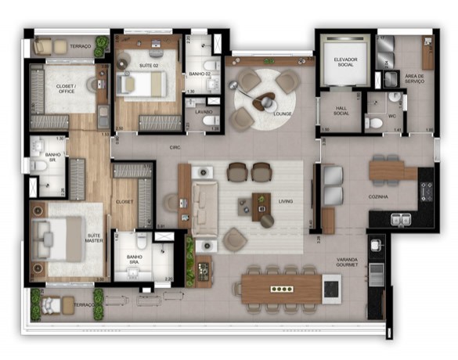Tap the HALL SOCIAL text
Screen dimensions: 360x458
(341, 112)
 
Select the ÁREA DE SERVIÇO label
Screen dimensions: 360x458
(415, 80)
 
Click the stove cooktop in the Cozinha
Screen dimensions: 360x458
(427, 190)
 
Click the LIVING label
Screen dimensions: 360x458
(286, 201)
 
